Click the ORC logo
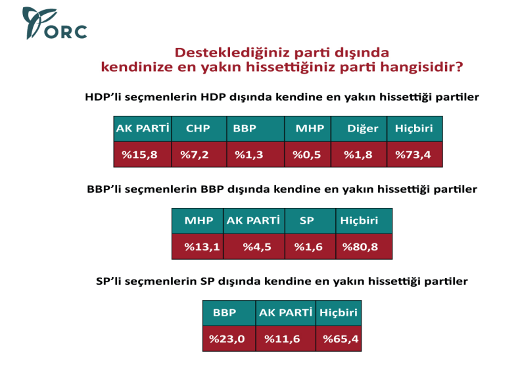(x=54, y=24)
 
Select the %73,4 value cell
(x=414, y=155)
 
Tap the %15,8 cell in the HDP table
(x=141, y=155)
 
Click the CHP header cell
(x=198, y=129)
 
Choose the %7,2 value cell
(x=198, y=155)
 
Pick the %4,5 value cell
(x=254, y=247)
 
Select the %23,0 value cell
(x=227, y=339)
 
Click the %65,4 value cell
(x=339, y=339)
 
